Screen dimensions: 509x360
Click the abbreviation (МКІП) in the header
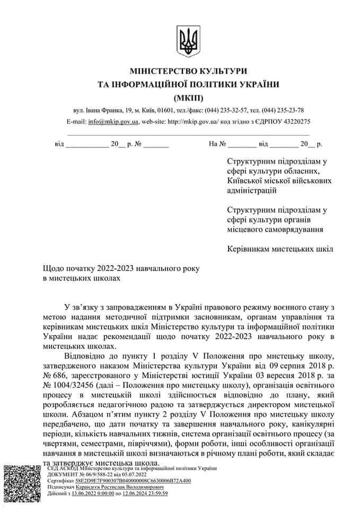coord(188,97)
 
